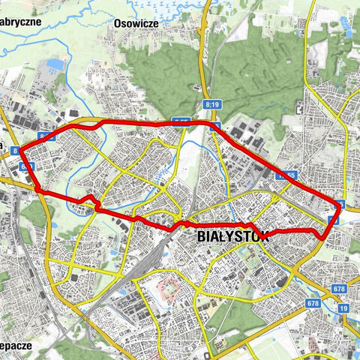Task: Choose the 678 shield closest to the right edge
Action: pyautogui.click(x=340, y=289)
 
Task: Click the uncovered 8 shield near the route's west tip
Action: pyautogui.click(x=15, y=151)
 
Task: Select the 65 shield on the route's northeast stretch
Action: pyautogui.click(x=287, y=175)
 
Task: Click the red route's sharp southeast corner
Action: pyautogui.click(x=322, y=238)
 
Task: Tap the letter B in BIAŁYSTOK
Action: pyautogui.click(x=200, y=236)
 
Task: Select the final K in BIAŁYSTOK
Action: pyautogui.click(x=253, y=236)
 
